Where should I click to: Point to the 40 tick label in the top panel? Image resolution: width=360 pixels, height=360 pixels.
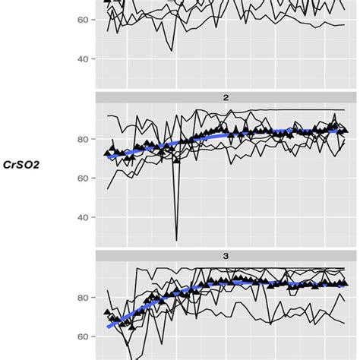pos(82,58)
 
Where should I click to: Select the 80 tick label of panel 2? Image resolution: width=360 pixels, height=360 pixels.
pos(82,139)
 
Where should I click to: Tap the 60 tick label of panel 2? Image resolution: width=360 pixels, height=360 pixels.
pos(82,178)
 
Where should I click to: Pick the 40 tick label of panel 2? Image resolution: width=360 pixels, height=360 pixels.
pos(82,217)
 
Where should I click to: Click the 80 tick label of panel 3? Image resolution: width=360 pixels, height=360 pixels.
pos(82,297)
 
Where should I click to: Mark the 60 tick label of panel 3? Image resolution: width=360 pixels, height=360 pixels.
pos(82,336)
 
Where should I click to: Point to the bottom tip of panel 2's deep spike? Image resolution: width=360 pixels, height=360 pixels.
pos(176,240)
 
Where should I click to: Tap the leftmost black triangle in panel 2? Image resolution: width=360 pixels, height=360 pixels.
pos(107,153)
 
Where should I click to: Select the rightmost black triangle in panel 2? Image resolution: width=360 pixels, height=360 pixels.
pos(346,130)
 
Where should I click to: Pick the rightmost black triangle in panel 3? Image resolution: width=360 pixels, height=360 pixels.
pos(346,283)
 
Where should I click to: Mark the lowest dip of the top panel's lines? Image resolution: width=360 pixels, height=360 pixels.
pos(172,50)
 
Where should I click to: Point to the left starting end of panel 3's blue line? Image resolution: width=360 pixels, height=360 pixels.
pos(108,327)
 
